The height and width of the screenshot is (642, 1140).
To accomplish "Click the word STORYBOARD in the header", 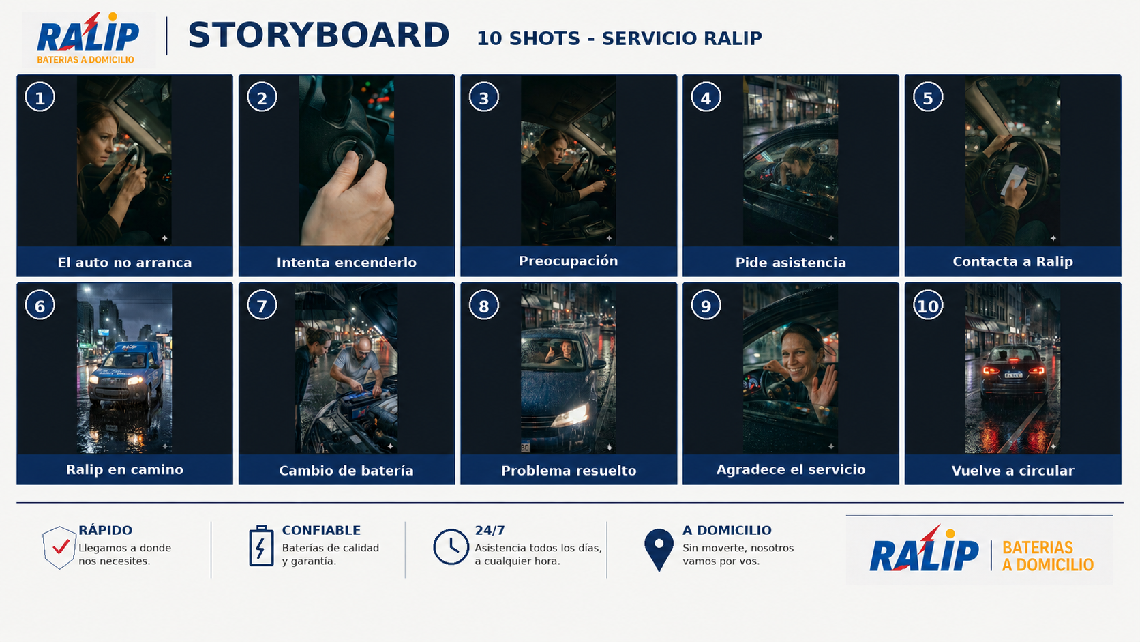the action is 318,35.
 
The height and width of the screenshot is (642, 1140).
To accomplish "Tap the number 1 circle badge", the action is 40,98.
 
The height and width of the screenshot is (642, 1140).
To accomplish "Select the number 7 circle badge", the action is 262,306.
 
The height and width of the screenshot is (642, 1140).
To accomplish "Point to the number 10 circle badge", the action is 928,306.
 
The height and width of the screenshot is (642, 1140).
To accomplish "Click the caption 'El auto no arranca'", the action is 125,263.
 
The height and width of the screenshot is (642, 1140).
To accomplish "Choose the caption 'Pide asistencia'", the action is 790,263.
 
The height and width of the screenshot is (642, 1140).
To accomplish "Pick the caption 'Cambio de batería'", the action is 346,471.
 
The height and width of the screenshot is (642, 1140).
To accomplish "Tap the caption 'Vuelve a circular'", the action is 1012,471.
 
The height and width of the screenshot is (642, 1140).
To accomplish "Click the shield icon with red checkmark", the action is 59,547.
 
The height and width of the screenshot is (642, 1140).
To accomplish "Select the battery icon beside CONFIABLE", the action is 261,545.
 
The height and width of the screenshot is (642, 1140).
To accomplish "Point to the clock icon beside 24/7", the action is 451,546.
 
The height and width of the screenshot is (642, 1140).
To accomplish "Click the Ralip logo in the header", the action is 87,39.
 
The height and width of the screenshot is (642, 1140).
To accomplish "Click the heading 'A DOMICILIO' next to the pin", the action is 727,530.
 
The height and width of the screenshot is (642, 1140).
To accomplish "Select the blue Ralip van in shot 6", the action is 125,374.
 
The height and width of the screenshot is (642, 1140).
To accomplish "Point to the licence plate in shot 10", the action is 1012,375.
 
